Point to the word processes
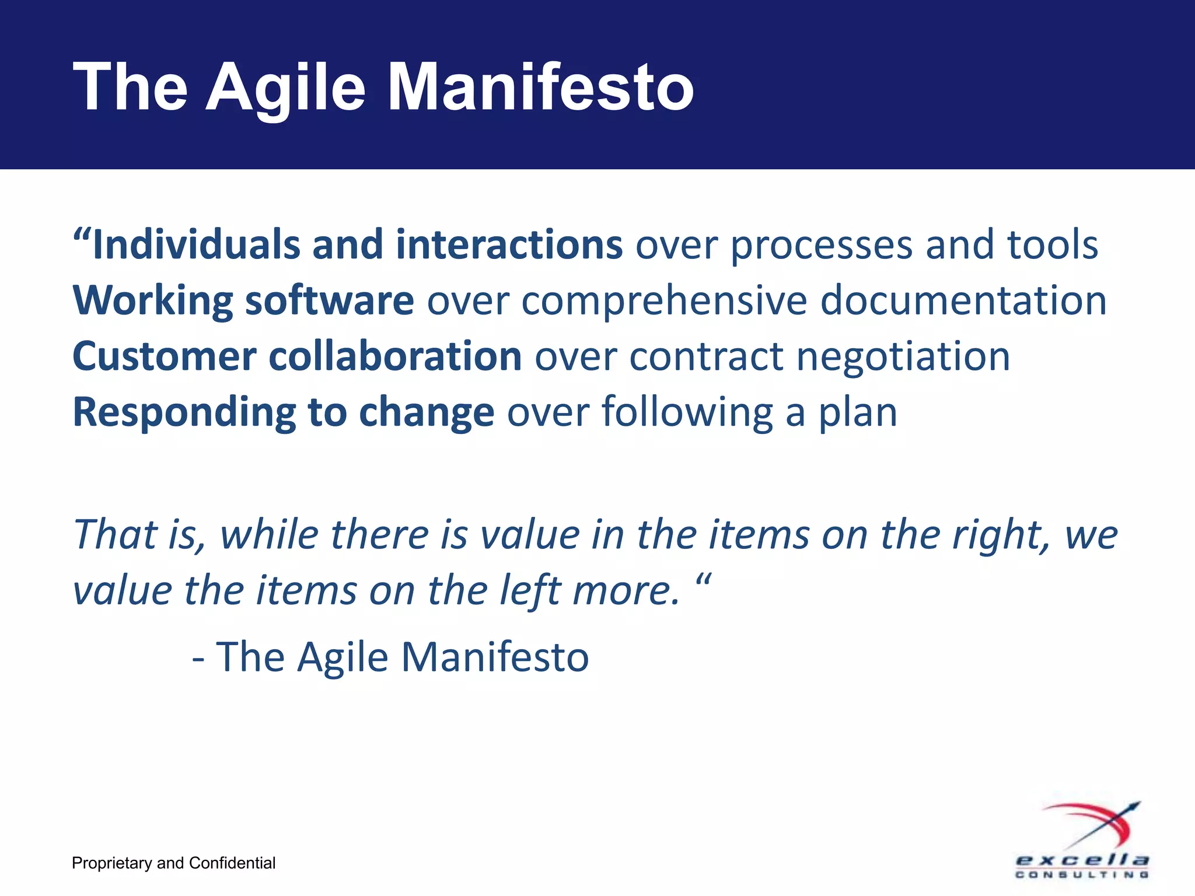coord(821,245)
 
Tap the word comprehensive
coord(664,301)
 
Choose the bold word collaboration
coord(395,356)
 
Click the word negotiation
coord(903,357)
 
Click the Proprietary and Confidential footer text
coord(173,863)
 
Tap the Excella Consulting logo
coord(1083,840)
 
